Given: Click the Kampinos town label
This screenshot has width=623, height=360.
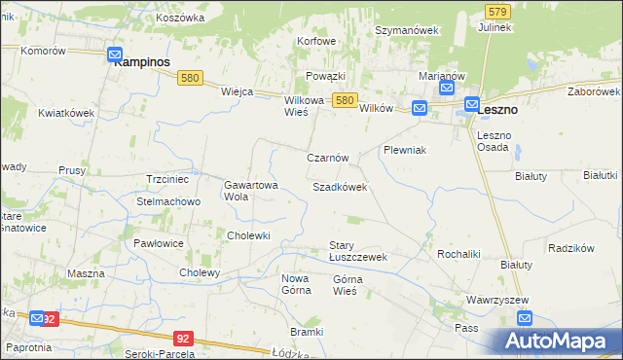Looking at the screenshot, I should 142,61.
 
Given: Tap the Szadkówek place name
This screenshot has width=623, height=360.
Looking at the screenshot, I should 340,187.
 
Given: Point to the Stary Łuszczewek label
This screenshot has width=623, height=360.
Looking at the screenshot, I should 357,251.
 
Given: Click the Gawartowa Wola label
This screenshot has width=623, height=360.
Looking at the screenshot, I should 251,190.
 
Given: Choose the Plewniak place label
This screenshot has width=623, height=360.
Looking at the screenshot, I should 406,151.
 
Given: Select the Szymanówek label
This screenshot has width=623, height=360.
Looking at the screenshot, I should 408,30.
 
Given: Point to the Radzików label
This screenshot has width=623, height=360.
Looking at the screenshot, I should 571,248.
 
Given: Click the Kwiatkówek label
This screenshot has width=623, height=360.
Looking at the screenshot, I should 66,113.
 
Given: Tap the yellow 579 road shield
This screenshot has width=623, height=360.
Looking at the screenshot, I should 497,11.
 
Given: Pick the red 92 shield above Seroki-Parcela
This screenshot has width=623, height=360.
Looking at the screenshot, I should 183,338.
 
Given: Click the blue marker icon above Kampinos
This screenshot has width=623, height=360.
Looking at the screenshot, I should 115,55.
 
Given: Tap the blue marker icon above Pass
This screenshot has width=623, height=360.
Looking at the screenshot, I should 526,317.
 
